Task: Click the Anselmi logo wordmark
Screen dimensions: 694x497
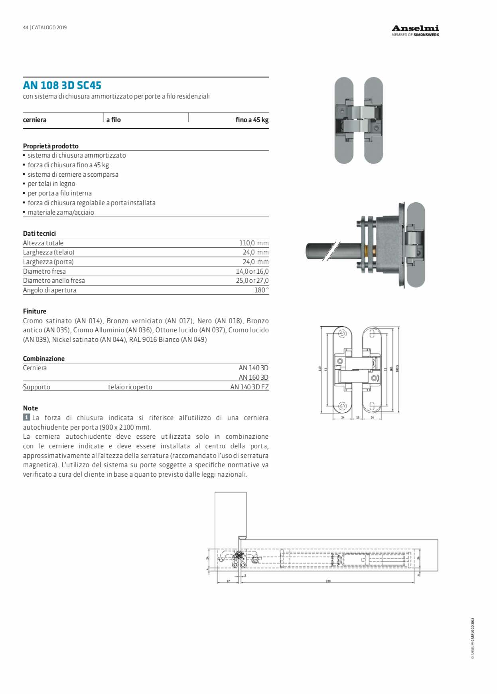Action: click(415, 28)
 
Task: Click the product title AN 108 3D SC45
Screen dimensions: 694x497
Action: click(62, 85)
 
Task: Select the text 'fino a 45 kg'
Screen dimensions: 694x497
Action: click(252, 120)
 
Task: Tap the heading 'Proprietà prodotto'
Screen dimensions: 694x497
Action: click(51, 146)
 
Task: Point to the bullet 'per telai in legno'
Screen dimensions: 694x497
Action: click(51, 183)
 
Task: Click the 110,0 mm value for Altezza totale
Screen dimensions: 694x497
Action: click(254, 243)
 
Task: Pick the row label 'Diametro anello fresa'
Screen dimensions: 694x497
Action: click(54, 280)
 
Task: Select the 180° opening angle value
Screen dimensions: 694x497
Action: click(261, 290)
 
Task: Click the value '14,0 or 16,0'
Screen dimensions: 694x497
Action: click(252, 271)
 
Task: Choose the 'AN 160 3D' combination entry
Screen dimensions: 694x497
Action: click(253, 377)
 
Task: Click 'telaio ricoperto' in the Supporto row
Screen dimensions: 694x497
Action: click(130, 387)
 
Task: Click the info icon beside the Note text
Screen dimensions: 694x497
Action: click(26, 417)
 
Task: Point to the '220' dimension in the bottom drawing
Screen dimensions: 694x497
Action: click(328, 581)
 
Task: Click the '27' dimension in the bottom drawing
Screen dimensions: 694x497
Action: click(228, 581)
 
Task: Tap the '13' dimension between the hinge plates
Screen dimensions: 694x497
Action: click(358, 418)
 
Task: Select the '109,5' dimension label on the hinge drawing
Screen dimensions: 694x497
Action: click(397, 369)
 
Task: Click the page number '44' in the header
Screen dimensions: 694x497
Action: click(26, 28)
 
